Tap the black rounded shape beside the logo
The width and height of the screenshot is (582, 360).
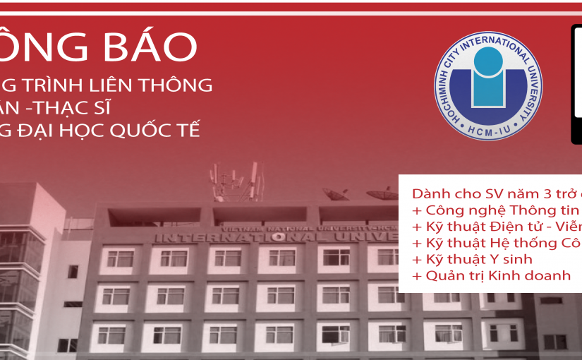[x=576, y=85]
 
